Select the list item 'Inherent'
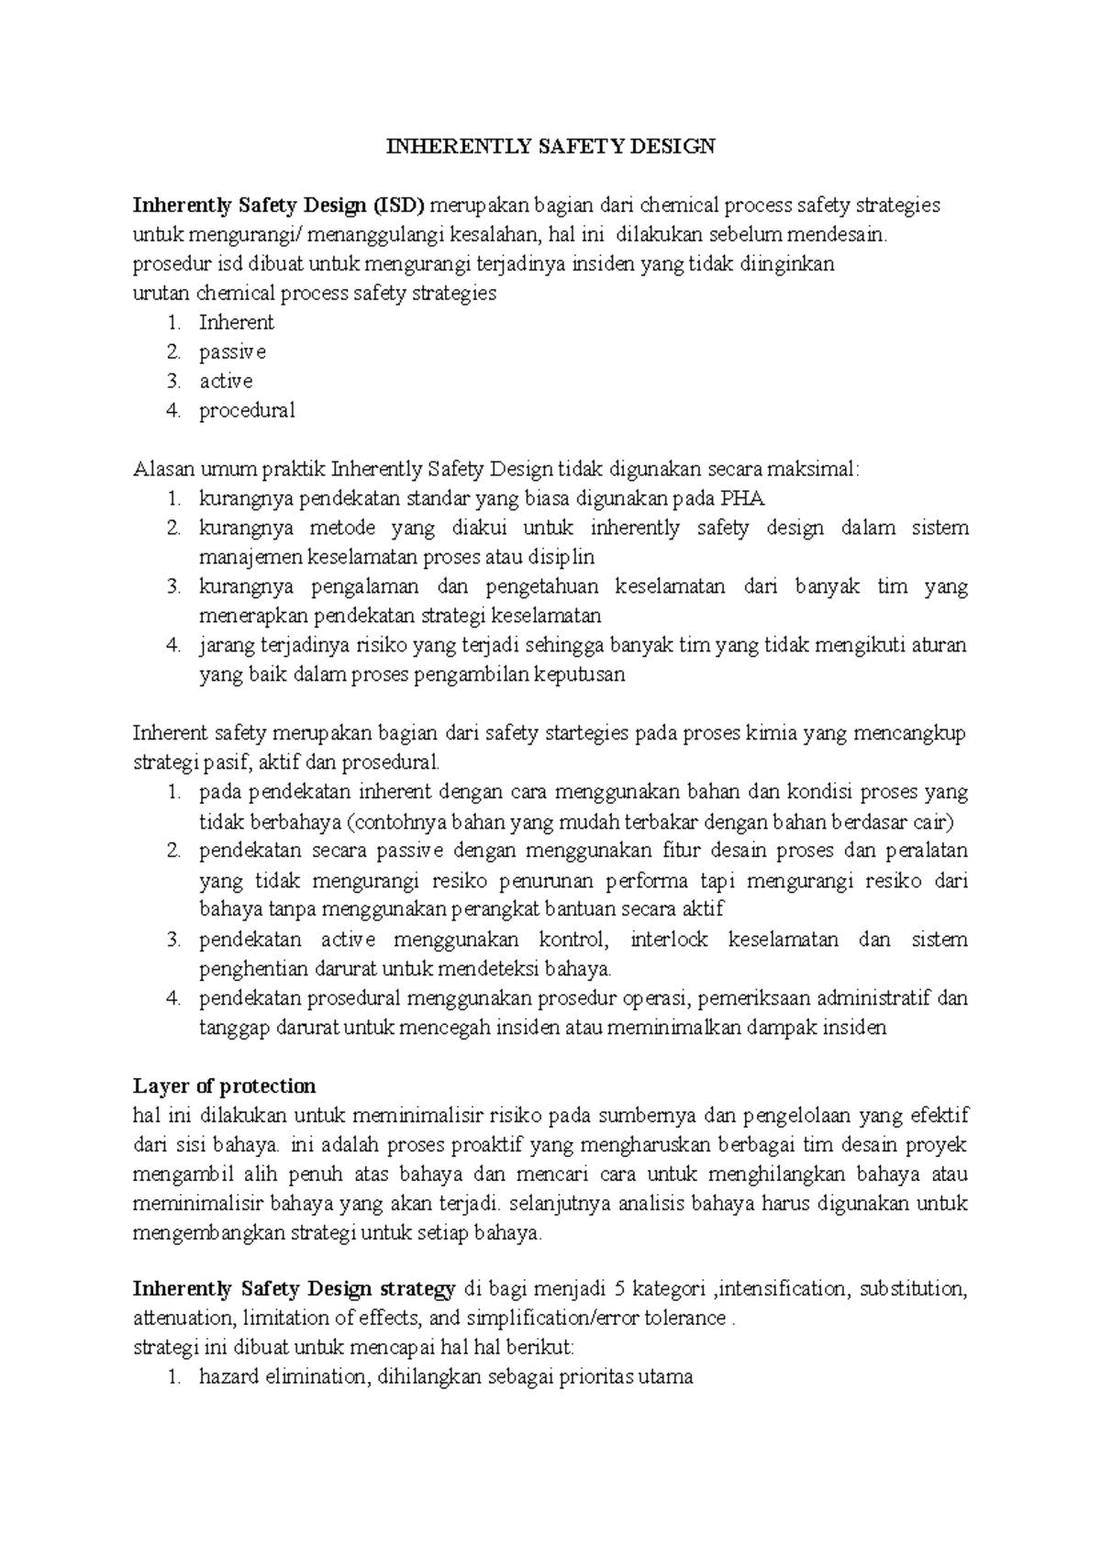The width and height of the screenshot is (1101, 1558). tap(237, 323)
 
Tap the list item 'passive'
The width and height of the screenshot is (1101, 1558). tap(233, 352)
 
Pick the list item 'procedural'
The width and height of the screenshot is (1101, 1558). tap(247, 411)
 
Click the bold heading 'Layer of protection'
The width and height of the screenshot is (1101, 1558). tap(224, 1087)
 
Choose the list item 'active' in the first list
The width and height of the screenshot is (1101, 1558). tap(226, 382)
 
